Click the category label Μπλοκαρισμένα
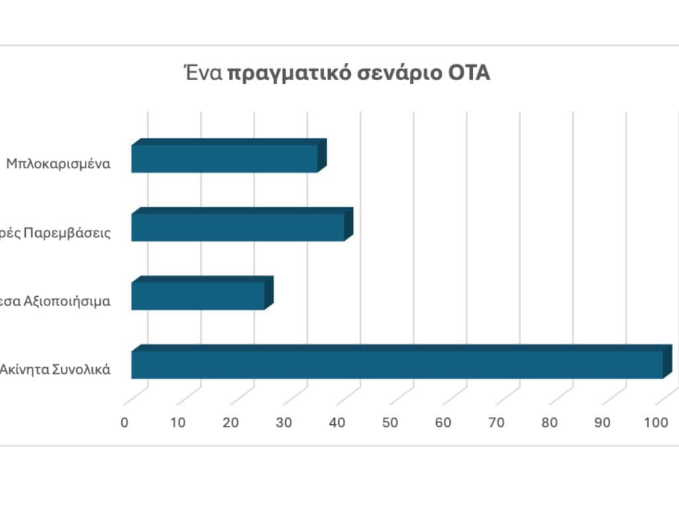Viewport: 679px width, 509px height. (58, 163)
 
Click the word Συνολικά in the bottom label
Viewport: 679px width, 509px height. (83, 369)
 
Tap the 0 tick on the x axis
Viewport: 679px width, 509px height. (125, 422)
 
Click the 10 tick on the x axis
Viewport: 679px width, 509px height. (178, 422)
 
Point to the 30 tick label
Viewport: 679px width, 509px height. (284, 422)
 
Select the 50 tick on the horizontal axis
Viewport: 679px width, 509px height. (390, 422)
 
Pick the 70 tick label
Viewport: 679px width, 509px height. (496, 422)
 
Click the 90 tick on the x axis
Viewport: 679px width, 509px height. (602, 422)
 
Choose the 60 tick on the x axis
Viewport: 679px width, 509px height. (443, 422)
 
